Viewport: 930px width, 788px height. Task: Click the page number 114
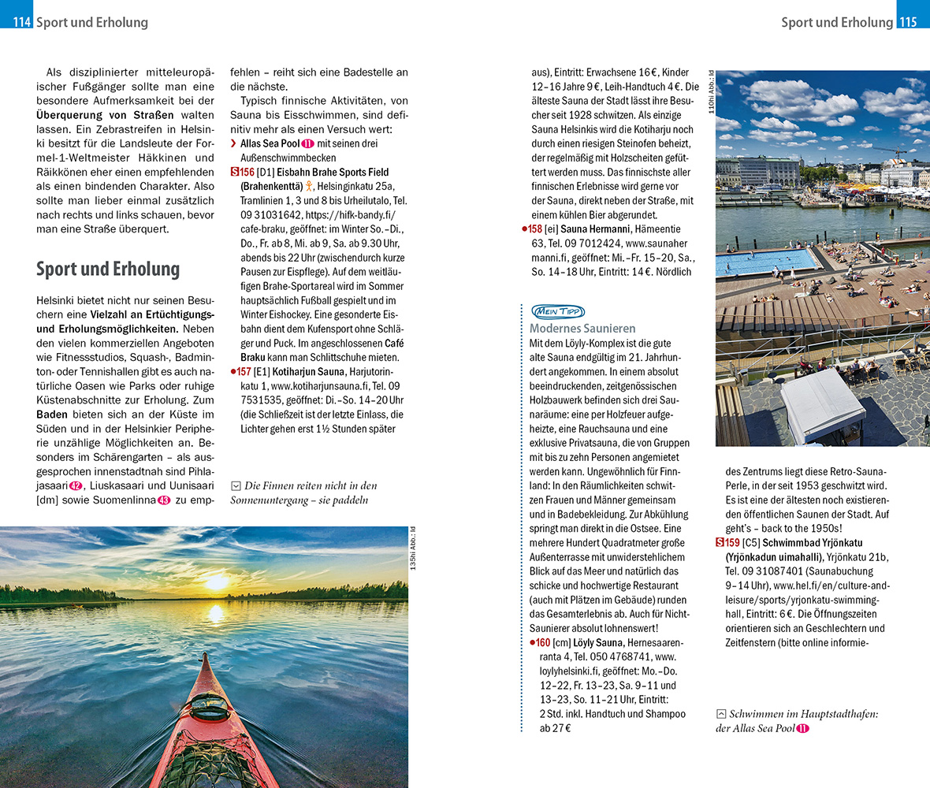pos(21,23)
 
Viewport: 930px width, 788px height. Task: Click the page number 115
pos(907,23)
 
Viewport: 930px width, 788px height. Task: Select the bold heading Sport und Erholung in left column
pos(108,269)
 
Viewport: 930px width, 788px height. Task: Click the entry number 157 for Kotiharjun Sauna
pos(244,371)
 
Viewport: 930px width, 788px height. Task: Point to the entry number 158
pos(535,229)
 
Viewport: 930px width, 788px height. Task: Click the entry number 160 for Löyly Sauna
pos(543,642)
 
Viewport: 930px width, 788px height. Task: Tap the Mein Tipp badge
pos(557,310)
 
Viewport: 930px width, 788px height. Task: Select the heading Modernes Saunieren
pos(582,328)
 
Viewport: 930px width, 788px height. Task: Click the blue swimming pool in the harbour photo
pos(764,261)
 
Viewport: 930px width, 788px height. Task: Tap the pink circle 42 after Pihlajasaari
pos(76,485)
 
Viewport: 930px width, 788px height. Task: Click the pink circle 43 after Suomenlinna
pos(164,500)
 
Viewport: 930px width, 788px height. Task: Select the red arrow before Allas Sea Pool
pos(233,143)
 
